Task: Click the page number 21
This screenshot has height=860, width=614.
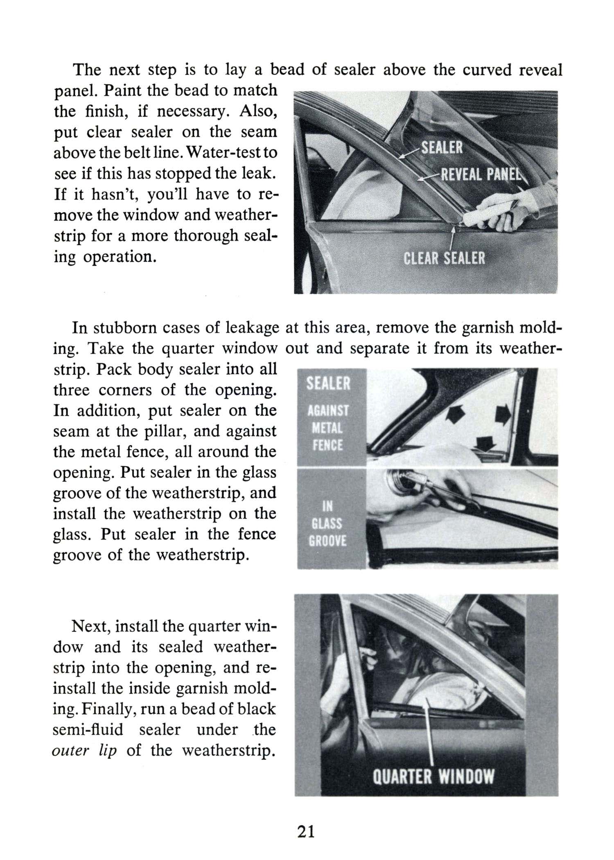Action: pyautogui.click(x=306, y=832)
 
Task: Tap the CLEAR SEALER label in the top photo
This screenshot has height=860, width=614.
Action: pyautogui.click(x=444, y=258)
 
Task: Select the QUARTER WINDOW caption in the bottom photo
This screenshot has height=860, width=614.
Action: pyautogui.click(x=433, y=776)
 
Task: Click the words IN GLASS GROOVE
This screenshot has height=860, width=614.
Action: pyautogui.click(x=327, y=524)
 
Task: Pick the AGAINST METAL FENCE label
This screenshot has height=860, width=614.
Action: pyautogui.click(x=328, y=428)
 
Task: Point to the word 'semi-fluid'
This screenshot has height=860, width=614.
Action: pyautogui.click(x=88, y=729)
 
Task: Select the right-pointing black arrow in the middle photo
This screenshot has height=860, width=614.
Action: pyautogui.click(x=503, y=415)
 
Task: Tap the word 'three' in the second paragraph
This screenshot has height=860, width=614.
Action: pyautogui.click(x=72, y=390)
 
